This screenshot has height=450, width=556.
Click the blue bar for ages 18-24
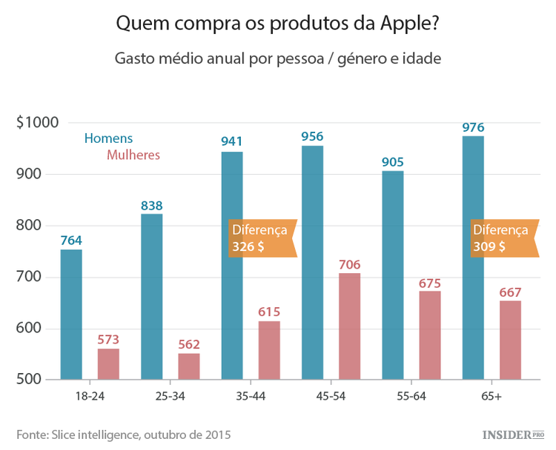click(71, 315)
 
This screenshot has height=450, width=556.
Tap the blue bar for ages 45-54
click(312, 263)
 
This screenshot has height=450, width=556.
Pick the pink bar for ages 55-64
click(430, 335)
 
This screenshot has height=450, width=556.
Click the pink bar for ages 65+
click(510, 340)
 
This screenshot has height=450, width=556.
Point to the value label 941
click(232, 141)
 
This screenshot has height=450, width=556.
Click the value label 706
click(350, 263)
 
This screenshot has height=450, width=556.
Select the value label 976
click(473, 127)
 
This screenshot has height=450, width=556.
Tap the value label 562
click(189, 344)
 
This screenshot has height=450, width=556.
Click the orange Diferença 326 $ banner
click(262, 238)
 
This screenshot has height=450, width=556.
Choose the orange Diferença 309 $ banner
click(503, 238)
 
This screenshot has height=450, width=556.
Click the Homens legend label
click(108, 138)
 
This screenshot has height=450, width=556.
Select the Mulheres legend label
click(133, 155)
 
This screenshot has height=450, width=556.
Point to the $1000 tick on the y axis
click(37, 123)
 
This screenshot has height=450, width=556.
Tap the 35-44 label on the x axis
click(250, 397)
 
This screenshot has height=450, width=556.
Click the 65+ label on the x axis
click(491, 397)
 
